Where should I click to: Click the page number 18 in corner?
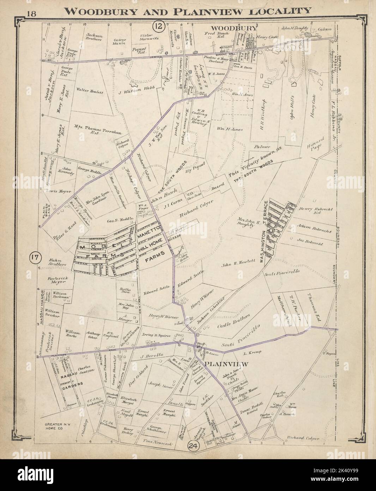tap(34, 14)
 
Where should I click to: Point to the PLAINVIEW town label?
tap(228, 364)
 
